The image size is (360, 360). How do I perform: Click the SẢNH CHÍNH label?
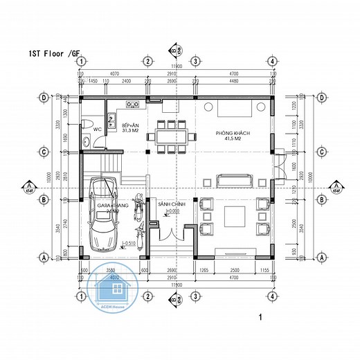[x=165, y=205]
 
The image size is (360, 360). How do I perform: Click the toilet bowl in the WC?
[x=85, y=124]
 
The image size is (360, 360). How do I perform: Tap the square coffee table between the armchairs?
[x=231, y=216]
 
